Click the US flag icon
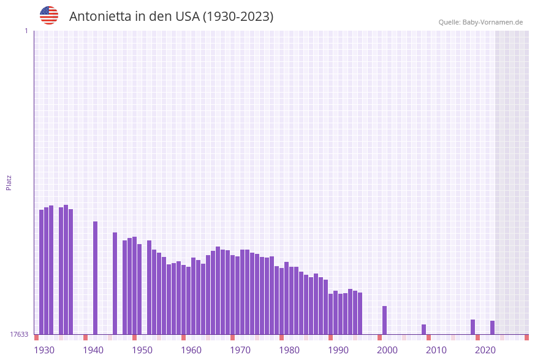pos(49,15)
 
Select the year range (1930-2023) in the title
pos(238,17)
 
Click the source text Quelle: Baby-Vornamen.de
pos(480,22)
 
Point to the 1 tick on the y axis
pos(26,31)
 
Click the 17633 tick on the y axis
pos(19,334)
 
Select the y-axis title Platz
pos(9,182)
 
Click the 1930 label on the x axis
pos(44,350)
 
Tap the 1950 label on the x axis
pos(142,350)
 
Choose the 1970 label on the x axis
pos(240,350)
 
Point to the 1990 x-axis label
pos(338,350)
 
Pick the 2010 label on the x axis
pos(436,350)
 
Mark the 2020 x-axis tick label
pos(485,350)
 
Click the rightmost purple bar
pos(492,327)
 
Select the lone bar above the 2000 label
pos(384,320)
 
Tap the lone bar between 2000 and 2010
pos(423,329)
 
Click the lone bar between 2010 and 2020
pos(472,327)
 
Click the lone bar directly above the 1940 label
pos(95,278)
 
